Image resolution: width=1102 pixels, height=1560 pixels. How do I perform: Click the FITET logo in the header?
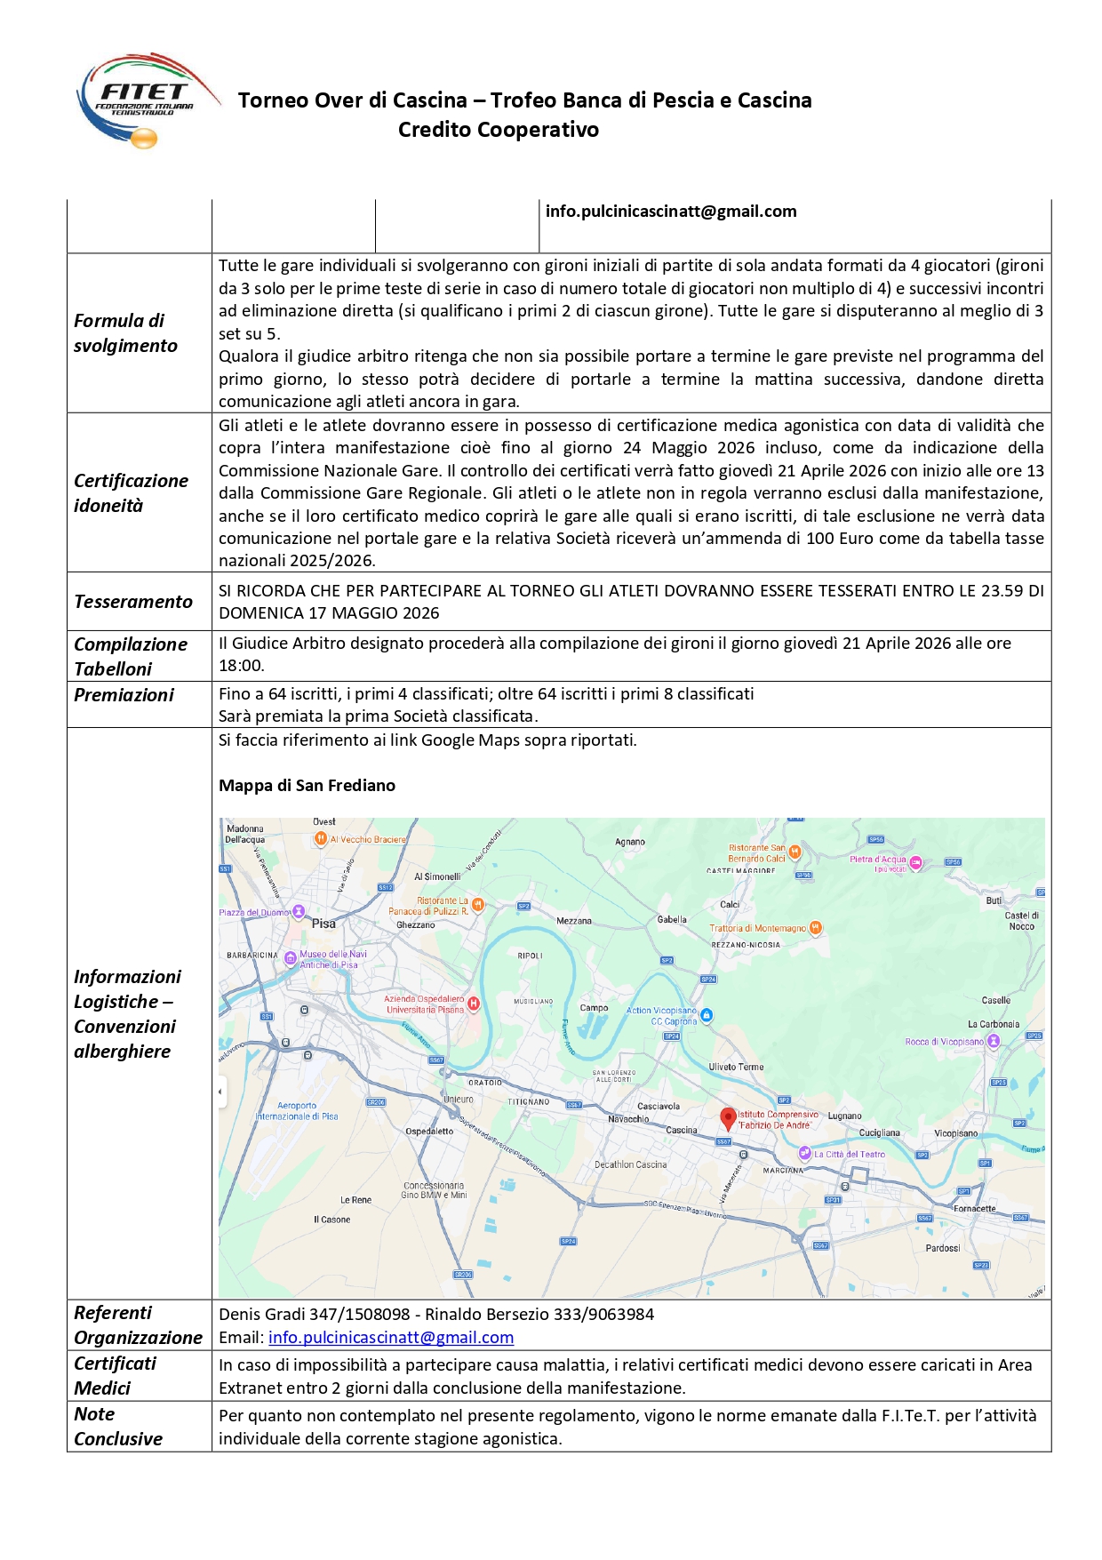tap(146, 100)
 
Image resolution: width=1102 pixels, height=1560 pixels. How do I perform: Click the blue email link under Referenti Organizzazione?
tap(391, 1337)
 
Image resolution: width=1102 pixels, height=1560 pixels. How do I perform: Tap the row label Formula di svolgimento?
tap(125, 333)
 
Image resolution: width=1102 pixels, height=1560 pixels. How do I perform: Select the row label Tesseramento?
tap(133, 602)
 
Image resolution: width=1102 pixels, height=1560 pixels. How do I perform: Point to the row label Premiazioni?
tap(124, 695)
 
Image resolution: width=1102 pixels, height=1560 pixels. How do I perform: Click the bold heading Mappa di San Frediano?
tap(307, 786)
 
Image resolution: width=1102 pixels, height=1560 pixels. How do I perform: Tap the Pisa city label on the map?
tap(323, 924)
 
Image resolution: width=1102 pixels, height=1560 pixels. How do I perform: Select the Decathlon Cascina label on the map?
tap(630, 1164)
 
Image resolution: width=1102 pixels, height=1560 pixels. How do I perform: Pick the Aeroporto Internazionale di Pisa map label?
tap(297, 1111)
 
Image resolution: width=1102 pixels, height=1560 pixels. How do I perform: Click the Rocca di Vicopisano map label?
tap(944, 1042)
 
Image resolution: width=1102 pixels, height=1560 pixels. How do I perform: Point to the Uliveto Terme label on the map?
tap(736, 1067)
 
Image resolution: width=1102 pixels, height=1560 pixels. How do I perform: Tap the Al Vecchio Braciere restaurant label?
tap(367, 839)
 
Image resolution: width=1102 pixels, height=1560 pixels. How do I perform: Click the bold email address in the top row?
tap(671, 212)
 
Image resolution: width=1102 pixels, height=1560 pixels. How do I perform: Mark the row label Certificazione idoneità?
tap(131, 493)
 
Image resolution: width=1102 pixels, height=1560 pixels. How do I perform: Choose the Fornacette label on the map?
tap(974, 1208)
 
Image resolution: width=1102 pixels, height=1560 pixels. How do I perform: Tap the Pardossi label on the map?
tap(942, 1248)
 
